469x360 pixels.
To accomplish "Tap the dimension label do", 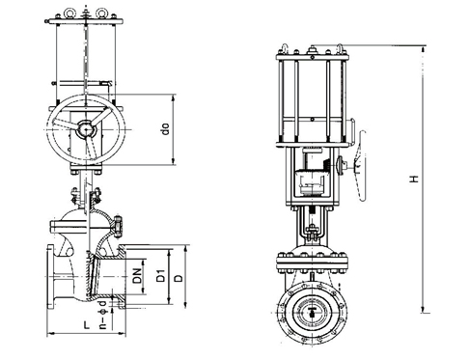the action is (166, 129).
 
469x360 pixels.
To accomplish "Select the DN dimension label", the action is (138, 276).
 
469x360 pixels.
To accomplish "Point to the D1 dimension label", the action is (160, 276).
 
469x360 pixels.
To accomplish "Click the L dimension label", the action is (87, 325).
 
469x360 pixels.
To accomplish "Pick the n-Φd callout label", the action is (103, 316).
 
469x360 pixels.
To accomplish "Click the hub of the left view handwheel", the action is (86, 129).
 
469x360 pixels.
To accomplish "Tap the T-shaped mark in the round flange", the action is (313, 312).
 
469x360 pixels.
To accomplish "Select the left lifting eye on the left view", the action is (69, 13).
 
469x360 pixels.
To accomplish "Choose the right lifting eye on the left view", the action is (101, 13).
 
